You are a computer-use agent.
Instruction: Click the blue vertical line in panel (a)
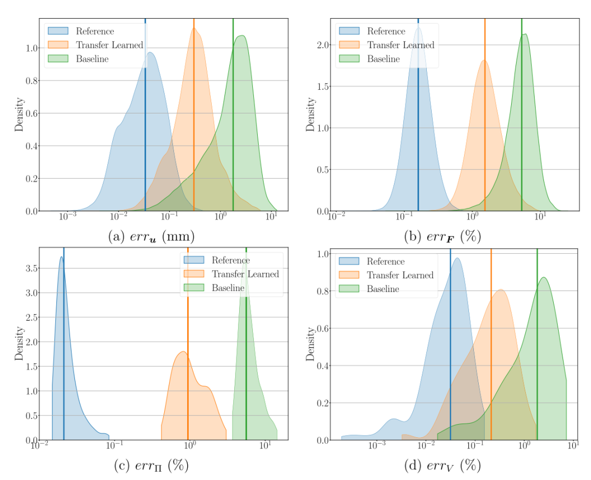145,137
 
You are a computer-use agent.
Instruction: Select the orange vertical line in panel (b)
485,137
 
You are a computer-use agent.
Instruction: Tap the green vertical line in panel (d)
537,356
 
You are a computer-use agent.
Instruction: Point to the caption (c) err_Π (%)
151,466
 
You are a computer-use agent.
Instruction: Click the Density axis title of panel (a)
19,115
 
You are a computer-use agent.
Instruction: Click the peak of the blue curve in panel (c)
62,257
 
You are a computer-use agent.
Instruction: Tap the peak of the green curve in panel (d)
543,277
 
